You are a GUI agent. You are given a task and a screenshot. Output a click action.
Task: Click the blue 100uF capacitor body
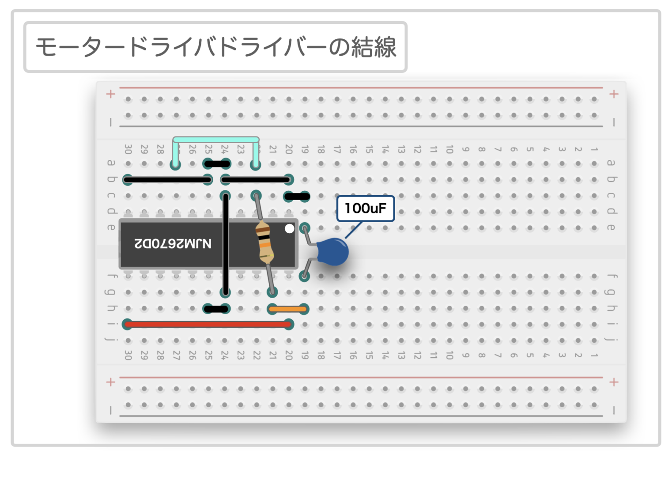(x=333, y=252)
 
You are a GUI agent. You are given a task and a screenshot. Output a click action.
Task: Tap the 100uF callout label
(x=365, y=208)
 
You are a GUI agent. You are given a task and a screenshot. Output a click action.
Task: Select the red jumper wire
(x=208, y=325)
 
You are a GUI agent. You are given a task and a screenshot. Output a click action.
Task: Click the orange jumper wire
(x=288, y=309)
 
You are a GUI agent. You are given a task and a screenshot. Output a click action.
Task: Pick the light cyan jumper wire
(x=215, y=140)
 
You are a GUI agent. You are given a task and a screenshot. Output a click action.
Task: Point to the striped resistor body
(x=264, y=242)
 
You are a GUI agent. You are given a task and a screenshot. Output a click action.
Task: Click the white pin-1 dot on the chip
(x=289, y=228)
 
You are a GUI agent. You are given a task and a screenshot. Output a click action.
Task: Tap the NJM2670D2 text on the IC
(x=173, y=243)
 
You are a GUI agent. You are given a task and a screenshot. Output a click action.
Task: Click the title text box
(x=215, y=47)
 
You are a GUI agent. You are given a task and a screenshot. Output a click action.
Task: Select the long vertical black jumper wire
(x=226, y=244)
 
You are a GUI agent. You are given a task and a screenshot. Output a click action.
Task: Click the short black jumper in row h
(x=216, y=309)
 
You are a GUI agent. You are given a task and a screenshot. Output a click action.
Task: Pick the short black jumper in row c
(x=297, y=196)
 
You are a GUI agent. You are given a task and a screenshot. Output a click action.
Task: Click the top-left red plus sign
(x=111, y=94)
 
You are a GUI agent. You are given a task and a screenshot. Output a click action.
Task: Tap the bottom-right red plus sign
(x=614, y=382)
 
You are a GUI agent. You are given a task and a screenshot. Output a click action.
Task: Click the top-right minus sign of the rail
(x=614, y=122)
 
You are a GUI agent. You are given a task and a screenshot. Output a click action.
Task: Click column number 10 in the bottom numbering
(x=449, y=355)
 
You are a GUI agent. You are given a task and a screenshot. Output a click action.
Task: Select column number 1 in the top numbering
(x=594, y=149)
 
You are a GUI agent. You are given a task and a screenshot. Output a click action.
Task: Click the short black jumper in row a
(x=216, y=164)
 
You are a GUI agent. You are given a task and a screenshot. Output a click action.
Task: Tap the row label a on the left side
(x=111, y=163)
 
